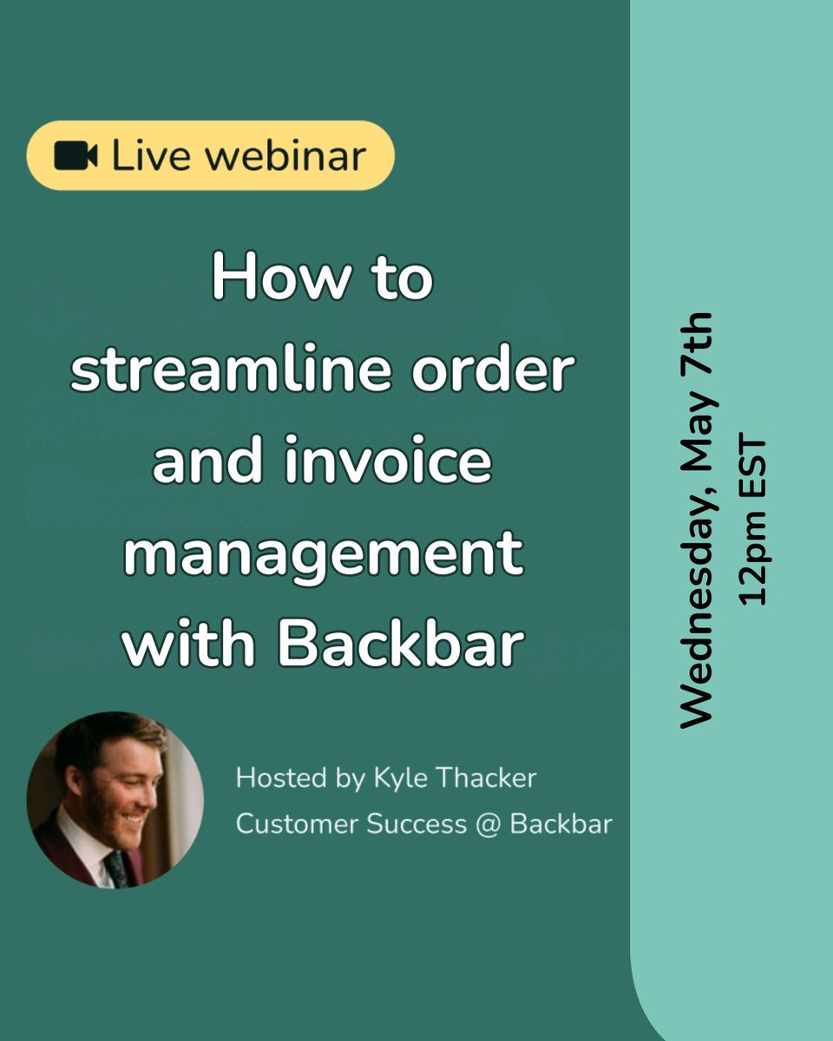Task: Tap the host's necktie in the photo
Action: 115,867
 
